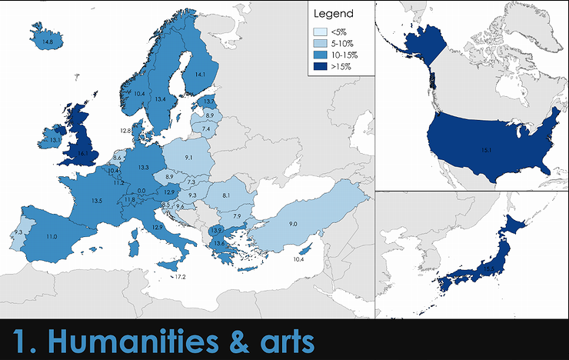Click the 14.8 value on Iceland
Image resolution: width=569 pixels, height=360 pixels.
point(48,42)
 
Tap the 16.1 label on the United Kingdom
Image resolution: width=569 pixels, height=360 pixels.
point(82,153)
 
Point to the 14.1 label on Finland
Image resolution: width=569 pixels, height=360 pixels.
point(200,74)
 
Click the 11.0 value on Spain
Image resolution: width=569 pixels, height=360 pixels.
point(52,237)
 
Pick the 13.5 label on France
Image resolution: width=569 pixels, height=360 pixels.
point(97,200)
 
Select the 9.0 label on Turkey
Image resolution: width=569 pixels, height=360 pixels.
point(293,223)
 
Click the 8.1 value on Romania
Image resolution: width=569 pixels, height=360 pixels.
point(226,197)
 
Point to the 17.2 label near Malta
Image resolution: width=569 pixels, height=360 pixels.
point(181,276)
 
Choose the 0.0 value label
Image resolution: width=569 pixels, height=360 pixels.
point(141,191)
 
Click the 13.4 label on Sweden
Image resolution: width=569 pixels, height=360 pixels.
point(160,99)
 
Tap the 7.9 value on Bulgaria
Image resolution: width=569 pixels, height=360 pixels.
point(238,215)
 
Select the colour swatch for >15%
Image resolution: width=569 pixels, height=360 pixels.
point(319,67)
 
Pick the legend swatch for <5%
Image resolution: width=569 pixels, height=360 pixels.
point(319,32)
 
